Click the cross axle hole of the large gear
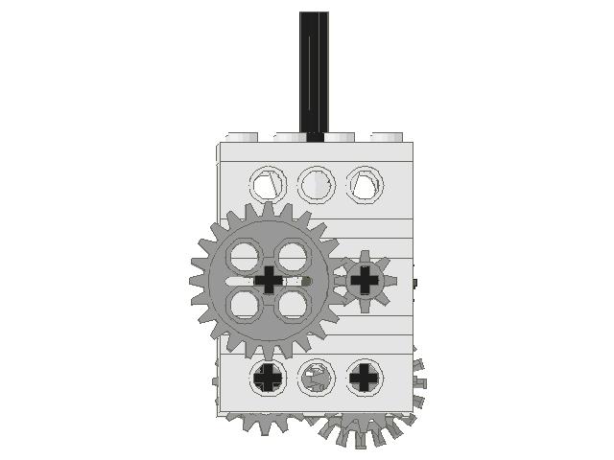[x=270, y=280]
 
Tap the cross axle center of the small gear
[x=365, y=280]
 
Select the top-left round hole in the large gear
[x=246, y=256]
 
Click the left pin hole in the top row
[x=268, y=183]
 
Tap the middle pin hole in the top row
[x=315, y=183]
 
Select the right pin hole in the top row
[x=363, y=183]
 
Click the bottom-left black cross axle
[x=268, y=378]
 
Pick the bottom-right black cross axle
[x=363, y=378]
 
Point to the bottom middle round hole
[x=315, y=378]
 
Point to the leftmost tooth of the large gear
[x=196, y=281]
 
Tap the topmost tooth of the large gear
[x=270, y=208]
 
